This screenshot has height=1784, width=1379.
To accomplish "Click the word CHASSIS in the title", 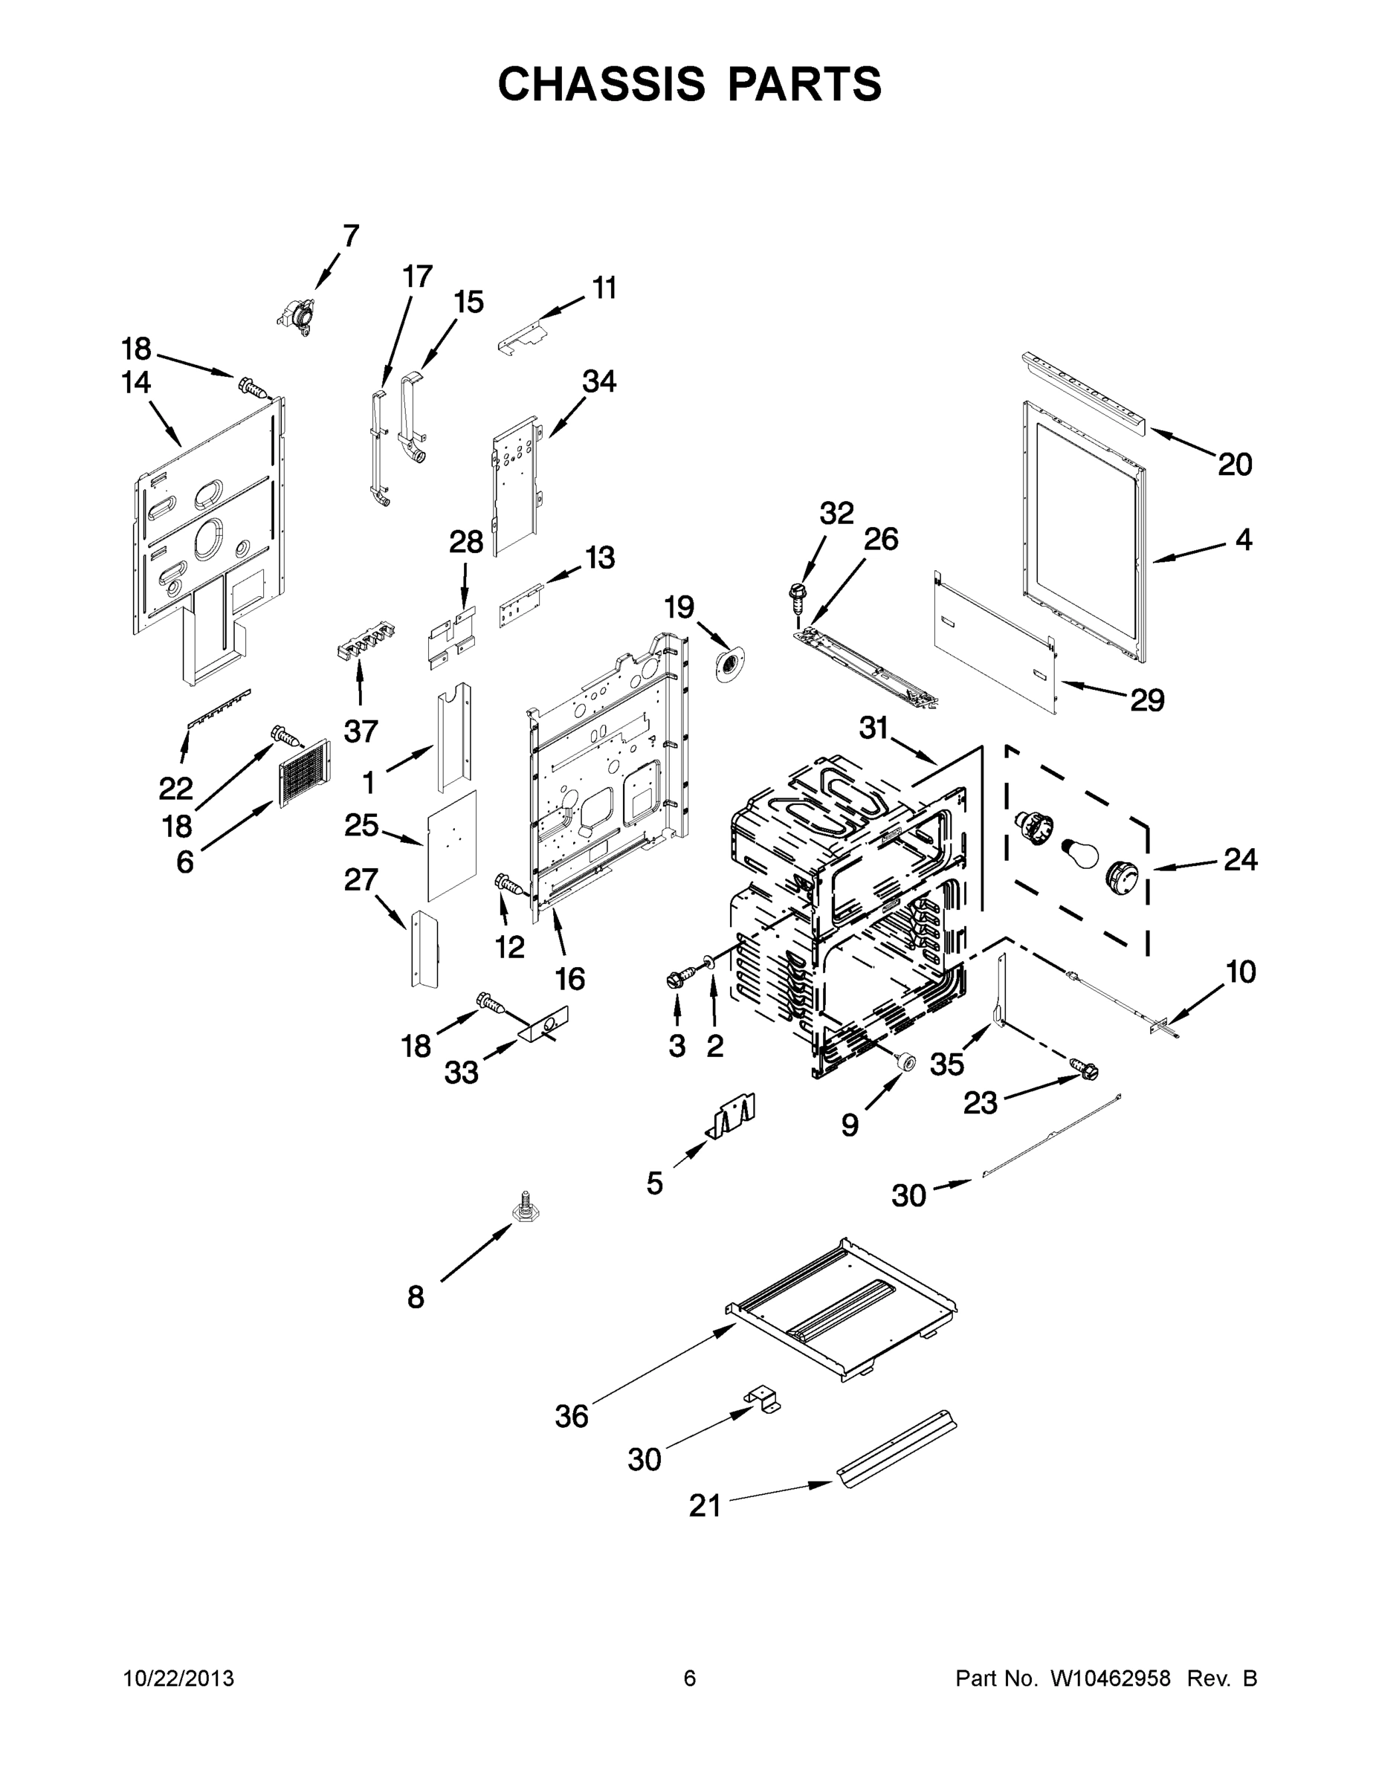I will [x=601, y=84].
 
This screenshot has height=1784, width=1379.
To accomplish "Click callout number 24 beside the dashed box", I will [x=1240, y=859].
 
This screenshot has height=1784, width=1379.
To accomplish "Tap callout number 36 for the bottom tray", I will [x=571, y=1415].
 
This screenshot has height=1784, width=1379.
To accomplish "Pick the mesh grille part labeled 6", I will [x=304, y=772].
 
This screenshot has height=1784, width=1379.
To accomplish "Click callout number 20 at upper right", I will [x=1234, y=464].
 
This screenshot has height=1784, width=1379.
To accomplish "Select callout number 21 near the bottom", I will [x=705, y=1505].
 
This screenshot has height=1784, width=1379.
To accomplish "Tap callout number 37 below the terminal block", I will [x=361, y=731].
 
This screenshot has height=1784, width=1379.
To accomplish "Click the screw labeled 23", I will [x=1085, y=1066].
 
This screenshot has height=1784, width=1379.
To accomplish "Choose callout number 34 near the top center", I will [x=599, y=381].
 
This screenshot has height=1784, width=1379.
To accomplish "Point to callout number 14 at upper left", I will [x=137, y=382].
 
